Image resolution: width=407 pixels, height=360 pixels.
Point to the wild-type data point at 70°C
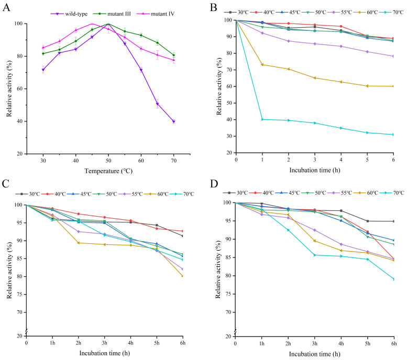(x=173, y=121)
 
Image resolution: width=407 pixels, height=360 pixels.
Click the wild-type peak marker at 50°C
(x=108, y=24)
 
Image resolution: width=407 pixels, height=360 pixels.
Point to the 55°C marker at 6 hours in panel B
(x=393, y=56)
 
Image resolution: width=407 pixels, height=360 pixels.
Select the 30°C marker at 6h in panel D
(x=393, y=221)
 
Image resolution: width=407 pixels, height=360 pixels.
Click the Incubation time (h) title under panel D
(x=314, y=353)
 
